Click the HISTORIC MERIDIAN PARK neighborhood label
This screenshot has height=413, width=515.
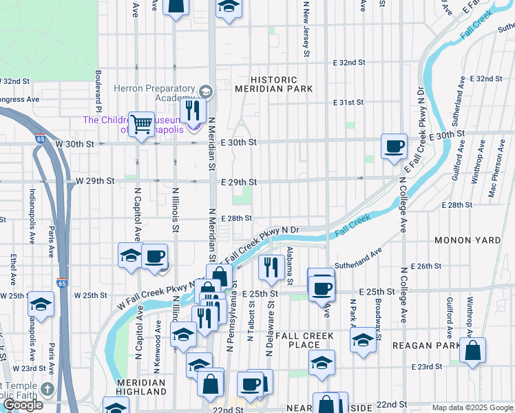pos(274,84)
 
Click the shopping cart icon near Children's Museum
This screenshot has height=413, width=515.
pos(141,125)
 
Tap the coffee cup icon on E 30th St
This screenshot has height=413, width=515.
pos(394,147)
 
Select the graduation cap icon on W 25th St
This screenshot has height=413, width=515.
pos(41,304)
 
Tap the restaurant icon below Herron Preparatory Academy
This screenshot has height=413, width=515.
pos(193,110)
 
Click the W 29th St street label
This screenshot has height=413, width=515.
pos(94,181)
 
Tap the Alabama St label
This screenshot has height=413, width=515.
pos(290,265)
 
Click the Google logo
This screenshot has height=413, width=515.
pos(23,405)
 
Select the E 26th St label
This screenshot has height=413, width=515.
pos(425,266)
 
